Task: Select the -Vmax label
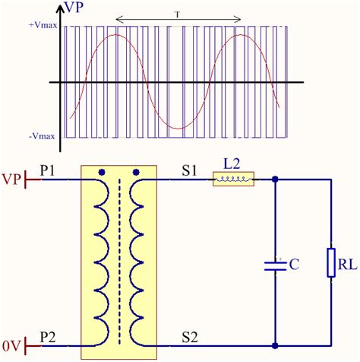(x=41, y=136)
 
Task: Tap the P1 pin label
(x=47, y=170)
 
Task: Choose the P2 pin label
(x=47, y=337)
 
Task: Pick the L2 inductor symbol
(x=234, y=180)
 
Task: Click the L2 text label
(x=232, y=164)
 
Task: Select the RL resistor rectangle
(x=331, y=262)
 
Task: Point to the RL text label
(x=347, y=265)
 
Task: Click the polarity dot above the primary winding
(x=101, y=172)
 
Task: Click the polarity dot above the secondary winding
(x=137, y=172)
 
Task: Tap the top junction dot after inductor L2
(x=274, y=180)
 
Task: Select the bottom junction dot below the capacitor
(x=274, y=346)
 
